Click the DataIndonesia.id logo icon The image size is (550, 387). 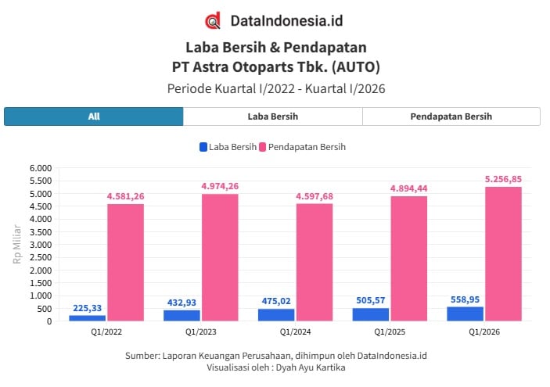coord(212,20)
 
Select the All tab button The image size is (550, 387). coord(94,116)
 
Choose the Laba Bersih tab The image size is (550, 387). coord(272,116)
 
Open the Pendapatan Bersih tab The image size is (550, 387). coord(451,116)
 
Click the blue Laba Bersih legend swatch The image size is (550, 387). coord(203,147)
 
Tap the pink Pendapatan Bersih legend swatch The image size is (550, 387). coord(262,147)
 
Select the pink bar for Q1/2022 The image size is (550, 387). coord(125,262)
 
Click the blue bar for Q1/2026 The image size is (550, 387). coord(465,313)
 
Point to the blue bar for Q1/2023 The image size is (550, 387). coord(182,315)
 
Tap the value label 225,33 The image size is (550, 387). coord(88,308)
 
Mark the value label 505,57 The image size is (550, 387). coord(370,300)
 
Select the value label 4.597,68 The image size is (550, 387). coord(315,196)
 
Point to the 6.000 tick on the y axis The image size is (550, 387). coord(40,168)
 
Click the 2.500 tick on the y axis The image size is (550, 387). coord(40,257)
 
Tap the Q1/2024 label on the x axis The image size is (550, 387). coord(276,331)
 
